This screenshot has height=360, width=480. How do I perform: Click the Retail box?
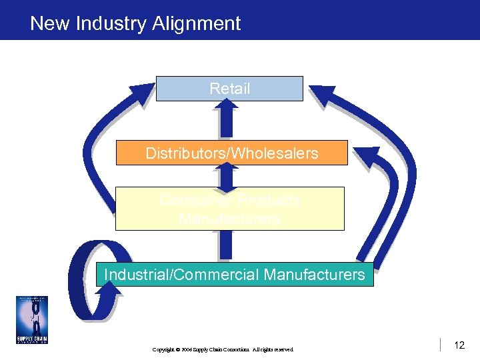[x=229, y=89]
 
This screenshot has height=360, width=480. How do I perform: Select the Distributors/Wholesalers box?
[x=231, y=153]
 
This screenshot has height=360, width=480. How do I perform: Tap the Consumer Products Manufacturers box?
[x=229, y=209]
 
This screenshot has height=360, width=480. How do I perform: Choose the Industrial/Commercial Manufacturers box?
[x=234, y=274]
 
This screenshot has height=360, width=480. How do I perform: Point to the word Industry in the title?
[x=111, y=24]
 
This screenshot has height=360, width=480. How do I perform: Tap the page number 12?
[x=459, y=345]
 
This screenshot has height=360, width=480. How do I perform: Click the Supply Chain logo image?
[x=32, y=320]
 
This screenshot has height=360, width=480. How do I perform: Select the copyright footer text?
[x=223, y=349]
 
